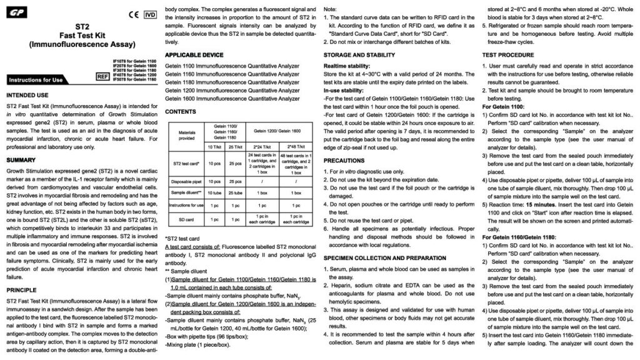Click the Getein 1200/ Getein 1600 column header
276,129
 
